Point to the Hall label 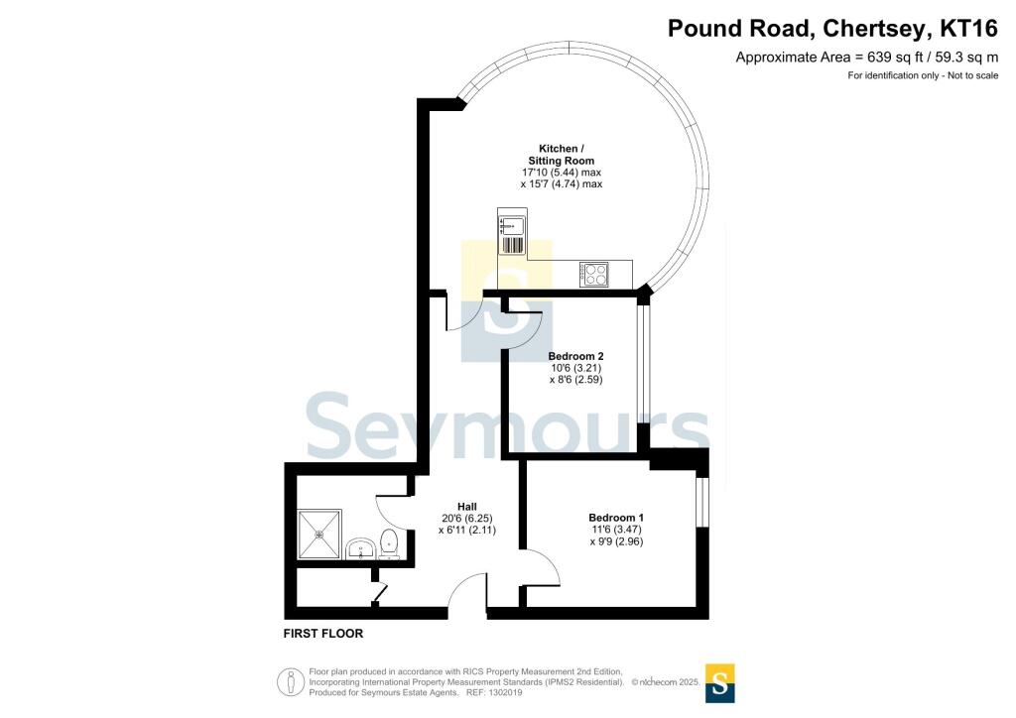point(466,506)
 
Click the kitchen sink point(512,234)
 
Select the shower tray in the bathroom point(319,535)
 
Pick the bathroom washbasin point(361,548)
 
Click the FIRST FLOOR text point(323,633)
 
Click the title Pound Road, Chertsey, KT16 point(832,28)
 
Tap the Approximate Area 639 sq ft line point(866,58)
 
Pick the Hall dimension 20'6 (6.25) point(466,518)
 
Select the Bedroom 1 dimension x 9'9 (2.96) point(616,541)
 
